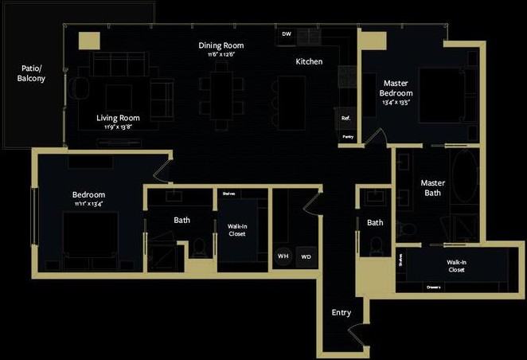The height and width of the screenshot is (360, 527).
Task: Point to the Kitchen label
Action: [309, 61]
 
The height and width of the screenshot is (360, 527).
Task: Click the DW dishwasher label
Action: [287, 34]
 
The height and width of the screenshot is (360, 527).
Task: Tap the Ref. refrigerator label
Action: [345, 119]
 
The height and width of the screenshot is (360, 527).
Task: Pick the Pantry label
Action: [348, 137]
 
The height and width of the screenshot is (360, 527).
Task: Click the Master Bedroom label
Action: [396, 88]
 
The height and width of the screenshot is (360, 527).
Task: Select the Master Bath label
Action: [433, 187]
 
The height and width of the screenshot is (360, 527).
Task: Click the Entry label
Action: [341, 313]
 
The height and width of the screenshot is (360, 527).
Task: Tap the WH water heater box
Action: [283, 256]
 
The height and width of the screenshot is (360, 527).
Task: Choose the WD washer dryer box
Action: [306, 257]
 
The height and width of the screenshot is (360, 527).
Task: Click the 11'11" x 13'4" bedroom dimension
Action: [88, 204]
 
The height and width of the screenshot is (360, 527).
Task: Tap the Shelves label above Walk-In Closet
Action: [228, 193]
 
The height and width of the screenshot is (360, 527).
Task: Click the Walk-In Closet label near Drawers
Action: [456, 266]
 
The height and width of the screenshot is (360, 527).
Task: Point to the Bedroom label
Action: [88, 194]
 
